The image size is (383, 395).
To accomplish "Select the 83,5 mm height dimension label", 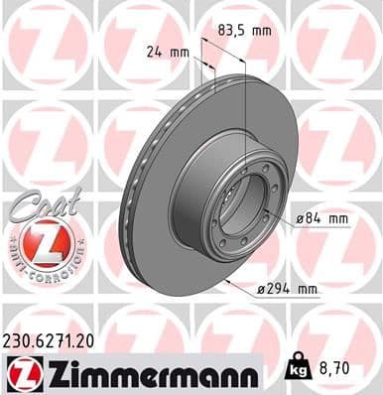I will (245, 30).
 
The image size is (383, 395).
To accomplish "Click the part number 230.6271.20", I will (59, 339).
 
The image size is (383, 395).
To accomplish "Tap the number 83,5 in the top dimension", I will (233, 30).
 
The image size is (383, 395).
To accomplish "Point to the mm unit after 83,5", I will (261, 30).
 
